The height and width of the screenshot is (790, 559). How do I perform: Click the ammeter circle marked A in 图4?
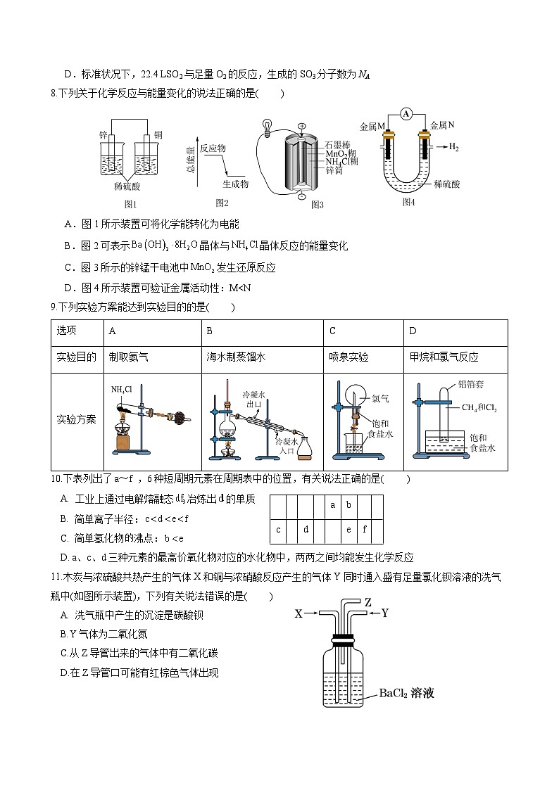click(x=406, y=114)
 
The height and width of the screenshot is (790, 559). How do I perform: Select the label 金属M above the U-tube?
click(x=372, y=126)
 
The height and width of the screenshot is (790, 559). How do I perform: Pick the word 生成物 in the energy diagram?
click(x=236, y=184)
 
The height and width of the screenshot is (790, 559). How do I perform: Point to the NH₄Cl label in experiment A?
click(x=121, y=388)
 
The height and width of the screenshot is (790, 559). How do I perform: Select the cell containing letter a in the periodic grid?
click(x=332, y=505)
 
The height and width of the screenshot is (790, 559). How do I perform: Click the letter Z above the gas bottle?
click(x=368, y=602)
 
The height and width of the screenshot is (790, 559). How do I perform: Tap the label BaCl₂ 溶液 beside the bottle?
click(x=406, y=693)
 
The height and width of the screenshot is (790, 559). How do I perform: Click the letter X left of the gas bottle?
click(x=299, y=613)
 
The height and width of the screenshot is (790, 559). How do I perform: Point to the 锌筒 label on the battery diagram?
click(x=334, y=170)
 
